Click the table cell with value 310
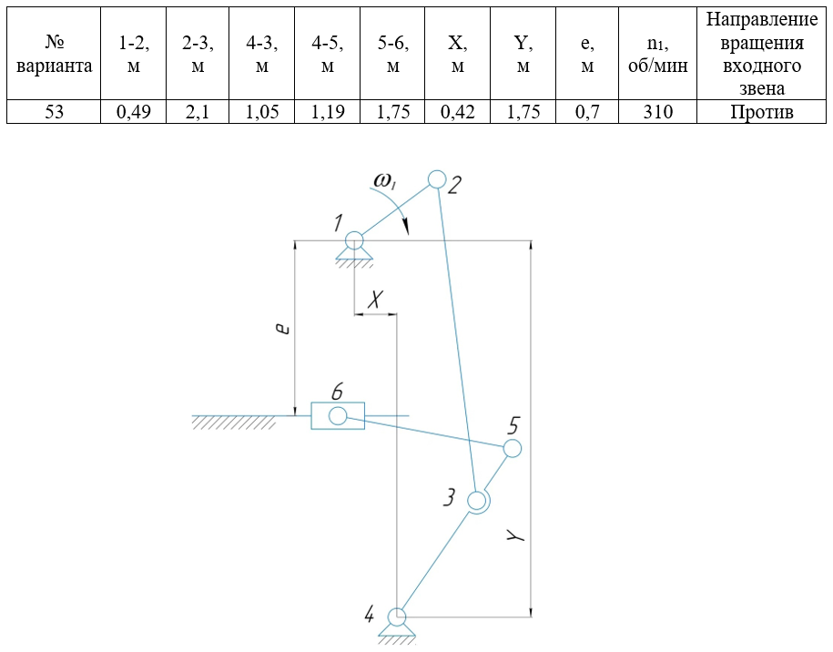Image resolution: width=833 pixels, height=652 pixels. [x=656, y=112]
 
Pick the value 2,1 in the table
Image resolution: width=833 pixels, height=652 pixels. [x=197, y=112]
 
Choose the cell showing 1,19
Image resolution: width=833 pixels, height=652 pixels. [x=327, y=112]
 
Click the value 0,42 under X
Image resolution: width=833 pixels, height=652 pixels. [x=457, y=112]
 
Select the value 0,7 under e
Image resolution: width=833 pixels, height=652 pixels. [x=587, y=112]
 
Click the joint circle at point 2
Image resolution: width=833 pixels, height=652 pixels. [x=437, y=178]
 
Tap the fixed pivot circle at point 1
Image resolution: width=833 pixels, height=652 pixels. [x=354, y=240]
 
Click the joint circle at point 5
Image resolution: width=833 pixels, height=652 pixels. [x=512, y=448]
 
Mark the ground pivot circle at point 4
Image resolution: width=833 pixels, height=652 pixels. [x=397, y=616]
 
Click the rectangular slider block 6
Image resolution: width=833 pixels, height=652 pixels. [x=338, y=416]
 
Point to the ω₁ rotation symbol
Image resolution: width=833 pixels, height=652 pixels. [x=386, y=183]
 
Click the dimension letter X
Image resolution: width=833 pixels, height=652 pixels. [x=375, y=300]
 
